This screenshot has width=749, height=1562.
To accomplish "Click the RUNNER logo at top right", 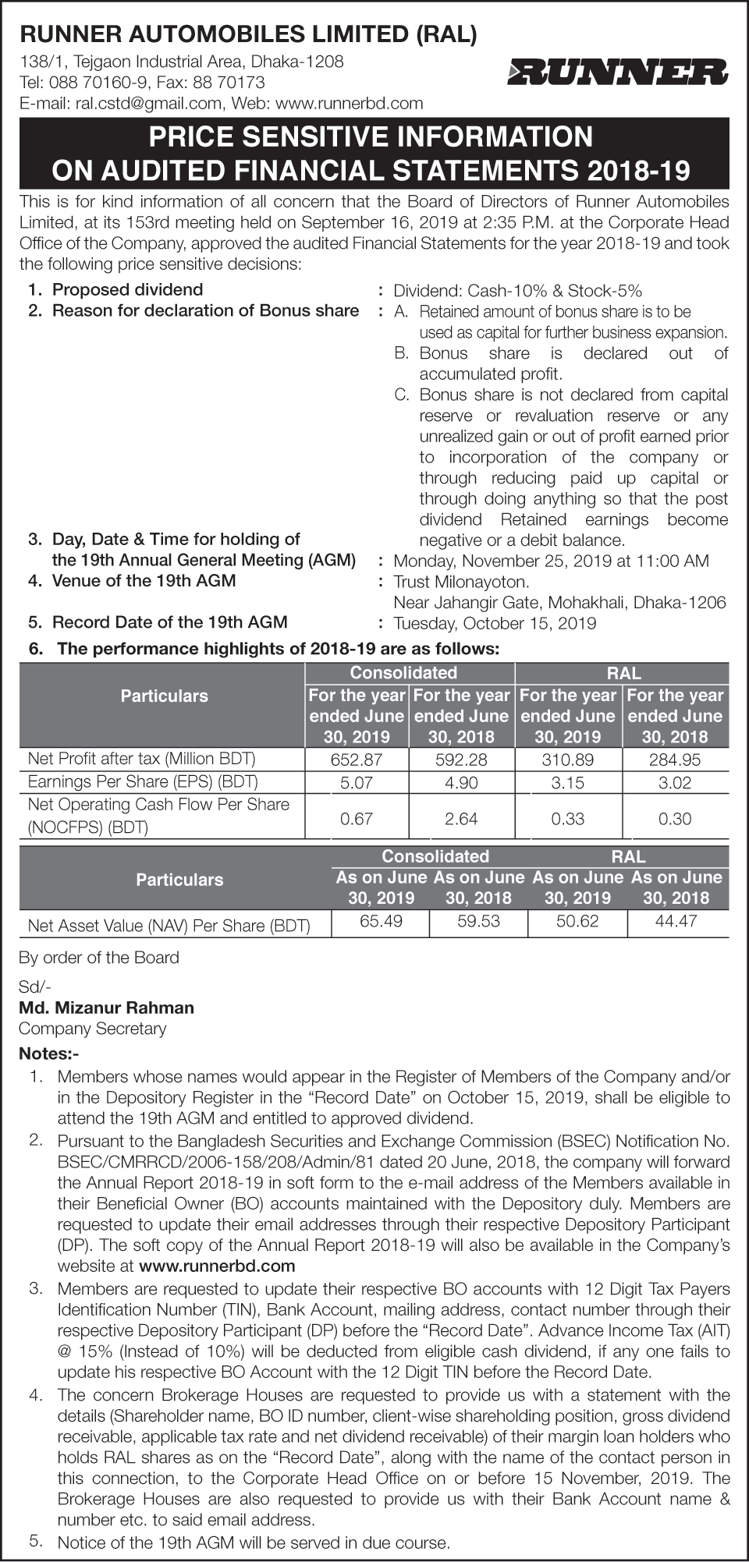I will [617, 73].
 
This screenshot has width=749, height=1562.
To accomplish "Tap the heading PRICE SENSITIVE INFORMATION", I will [371, 137].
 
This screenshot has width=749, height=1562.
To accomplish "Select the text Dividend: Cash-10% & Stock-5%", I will [517, 291].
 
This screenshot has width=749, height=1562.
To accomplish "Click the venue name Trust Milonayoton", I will [461, 582].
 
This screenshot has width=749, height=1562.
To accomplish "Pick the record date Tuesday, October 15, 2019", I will [495, 623].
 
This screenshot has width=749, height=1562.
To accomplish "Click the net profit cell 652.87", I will [357, 759].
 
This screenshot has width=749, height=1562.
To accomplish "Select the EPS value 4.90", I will [462, 783].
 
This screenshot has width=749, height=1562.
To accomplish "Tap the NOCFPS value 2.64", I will [462, 818].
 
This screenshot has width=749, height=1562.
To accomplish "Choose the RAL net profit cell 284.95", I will [675, 759].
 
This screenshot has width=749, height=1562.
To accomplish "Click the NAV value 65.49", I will [381, 921].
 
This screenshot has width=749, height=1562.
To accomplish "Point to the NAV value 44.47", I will [676, 921].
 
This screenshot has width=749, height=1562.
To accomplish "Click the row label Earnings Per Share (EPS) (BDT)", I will [143, 781].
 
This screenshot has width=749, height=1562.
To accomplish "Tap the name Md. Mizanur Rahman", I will [106, 1008].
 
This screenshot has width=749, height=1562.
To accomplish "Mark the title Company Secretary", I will [92, 1029].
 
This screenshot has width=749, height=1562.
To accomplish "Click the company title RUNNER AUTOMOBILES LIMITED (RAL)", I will [248, 34].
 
